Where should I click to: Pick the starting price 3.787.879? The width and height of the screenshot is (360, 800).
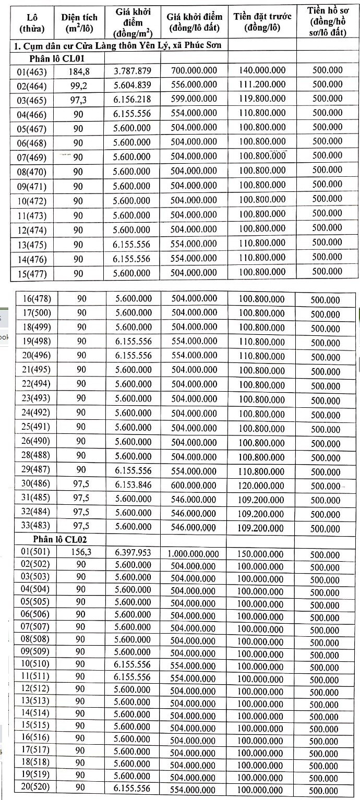point(133,71)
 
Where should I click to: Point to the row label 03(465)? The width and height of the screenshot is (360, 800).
point(32,101)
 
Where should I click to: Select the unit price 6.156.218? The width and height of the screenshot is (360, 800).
point(133,100)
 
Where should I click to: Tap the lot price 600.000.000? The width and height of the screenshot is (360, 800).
point(194,485)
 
